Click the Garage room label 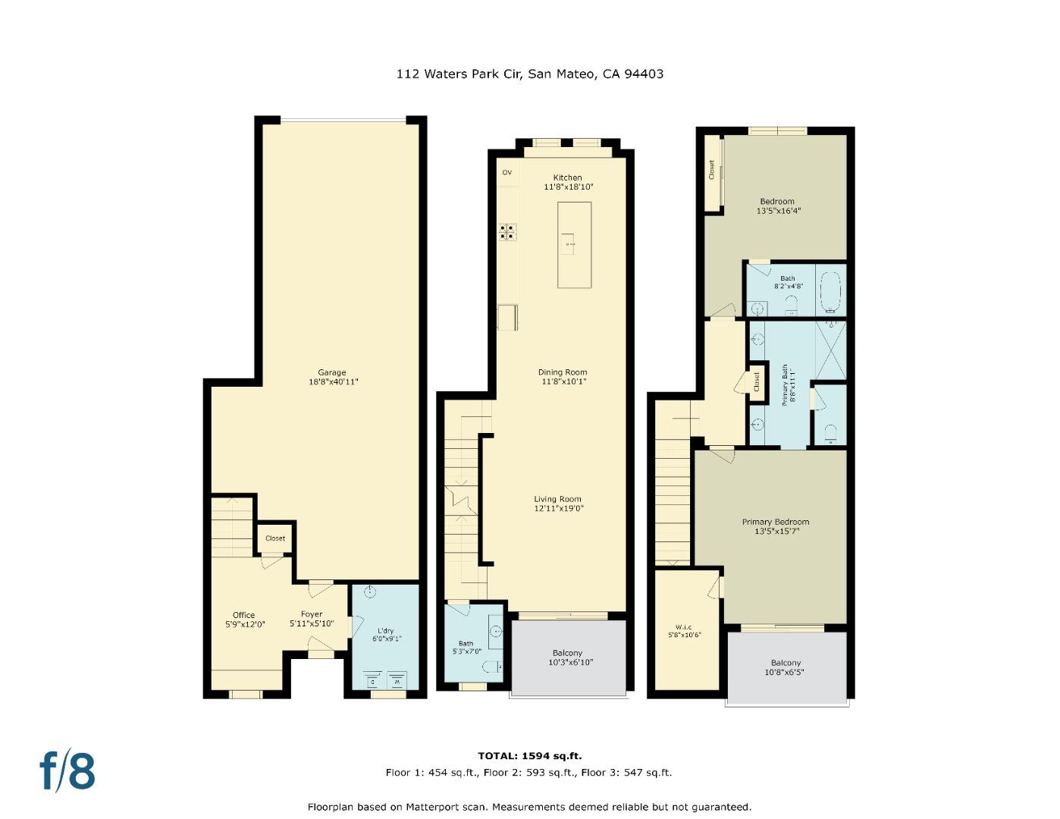coord(332,372)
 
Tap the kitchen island coord(574,244)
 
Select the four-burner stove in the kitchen coord(507,231)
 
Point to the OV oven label coord(507,173)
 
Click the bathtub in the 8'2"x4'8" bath coord(831,291)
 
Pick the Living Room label coord(558,499)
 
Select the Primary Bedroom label coord(775,522)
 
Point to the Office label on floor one coord(243,615)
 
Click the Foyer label coord(312,614)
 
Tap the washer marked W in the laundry coord(397,679)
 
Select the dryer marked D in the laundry coord(372,679)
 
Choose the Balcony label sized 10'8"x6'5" coord(786,663)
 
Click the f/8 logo coord(67,771)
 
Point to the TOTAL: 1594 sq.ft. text coord(529,755)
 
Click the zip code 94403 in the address coord(643,74)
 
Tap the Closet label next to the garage coord(275,538)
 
